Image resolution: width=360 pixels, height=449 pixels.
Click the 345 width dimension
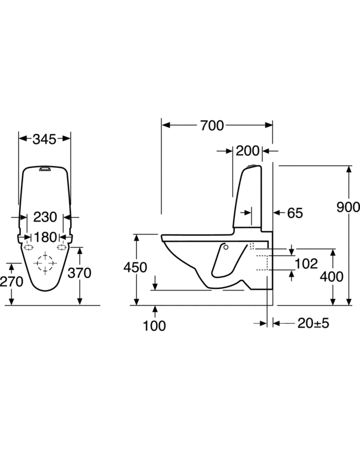pos(45,139)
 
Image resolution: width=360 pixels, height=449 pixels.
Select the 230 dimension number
pos(45,217)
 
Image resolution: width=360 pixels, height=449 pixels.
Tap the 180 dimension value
pos(45,238)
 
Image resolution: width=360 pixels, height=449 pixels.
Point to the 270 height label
pos(12,282)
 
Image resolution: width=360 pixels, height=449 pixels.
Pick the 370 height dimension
pos(79,273)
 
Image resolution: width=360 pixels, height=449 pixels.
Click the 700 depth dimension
pos(212,126)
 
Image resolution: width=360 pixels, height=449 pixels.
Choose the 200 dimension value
pos(248,151)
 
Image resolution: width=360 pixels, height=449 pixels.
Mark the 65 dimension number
pos(295,213)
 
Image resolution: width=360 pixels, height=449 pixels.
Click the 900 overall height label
pos(348,207)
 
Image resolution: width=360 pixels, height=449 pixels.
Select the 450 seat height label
pos(136,267)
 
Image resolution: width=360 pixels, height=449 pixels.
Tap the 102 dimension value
pos(307,263)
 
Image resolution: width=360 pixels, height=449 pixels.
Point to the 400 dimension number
pos(332,275)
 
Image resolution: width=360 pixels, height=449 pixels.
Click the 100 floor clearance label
pos(155,325)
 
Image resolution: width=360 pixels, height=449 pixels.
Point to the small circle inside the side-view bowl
pos(225,247)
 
